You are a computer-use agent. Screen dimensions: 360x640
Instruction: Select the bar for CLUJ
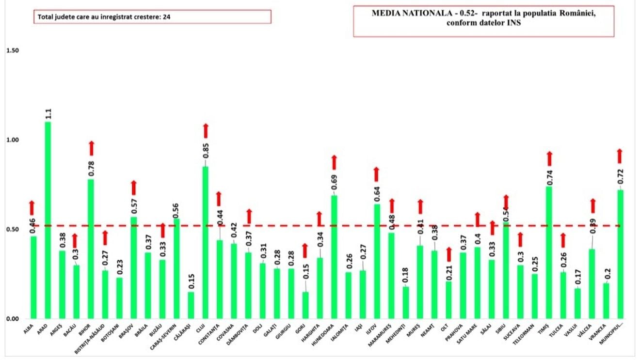(205, 242)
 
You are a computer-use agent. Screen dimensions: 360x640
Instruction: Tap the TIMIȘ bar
(549, 252)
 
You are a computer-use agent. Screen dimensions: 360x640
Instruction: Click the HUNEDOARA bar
(334, 257)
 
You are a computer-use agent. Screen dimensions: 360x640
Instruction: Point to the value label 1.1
(48, 114)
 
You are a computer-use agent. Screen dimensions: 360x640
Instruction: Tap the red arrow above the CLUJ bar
(206, 130)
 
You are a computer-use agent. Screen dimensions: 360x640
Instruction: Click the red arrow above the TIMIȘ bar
(549, 158)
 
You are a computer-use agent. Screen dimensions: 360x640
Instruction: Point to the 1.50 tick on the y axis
(12, 51)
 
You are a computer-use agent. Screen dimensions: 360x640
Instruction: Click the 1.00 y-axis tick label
(12, 140)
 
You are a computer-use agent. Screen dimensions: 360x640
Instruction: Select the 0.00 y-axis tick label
(12, 319)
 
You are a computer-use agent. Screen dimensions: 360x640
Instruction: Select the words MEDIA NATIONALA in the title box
(402, 14)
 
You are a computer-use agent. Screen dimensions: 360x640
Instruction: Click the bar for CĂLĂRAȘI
(191, 305)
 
